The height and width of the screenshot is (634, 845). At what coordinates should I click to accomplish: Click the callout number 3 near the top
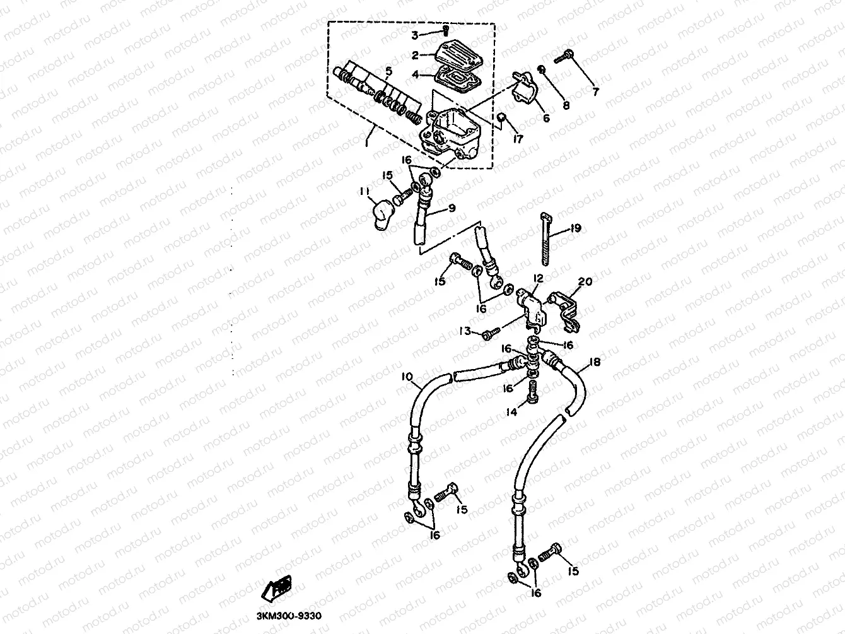tap(433, 34)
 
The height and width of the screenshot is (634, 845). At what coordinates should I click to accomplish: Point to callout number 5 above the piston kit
tap(389, 71)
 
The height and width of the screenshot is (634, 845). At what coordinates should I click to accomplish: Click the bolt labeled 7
tap(564, 57)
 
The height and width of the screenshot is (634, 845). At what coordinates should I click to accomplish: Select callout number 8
tap(566, 105)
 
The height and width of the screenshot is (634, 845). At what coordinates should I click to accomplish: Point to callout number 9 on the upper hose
tap(451, 208)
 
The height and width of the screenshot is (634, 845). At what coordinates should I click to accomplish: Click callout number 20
tap(585, 282)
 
